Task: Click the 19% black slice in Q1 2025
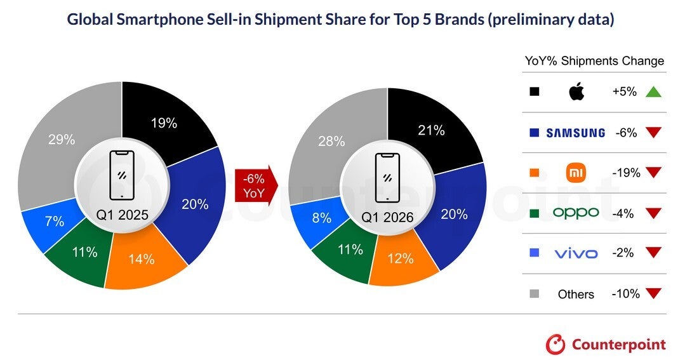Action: (164, 123)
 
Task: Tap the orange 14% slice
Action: (141, 258)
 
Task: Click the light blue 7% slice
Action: (55, 222)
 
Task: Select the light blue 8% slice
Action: (321, 218)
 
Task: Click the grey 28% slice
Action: (330, 141)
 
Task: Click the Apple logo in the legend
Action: (575, 92)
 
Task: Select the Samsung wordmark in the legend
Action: (575, 133)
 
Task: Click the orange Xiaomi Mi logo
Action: (575, 173)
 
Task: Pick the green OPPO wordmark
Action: (575, 213)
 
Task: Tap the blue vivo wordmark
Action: (575, 253)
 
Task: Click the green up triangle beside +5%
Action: (653, 92)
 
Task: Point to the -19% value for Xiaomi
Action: (625, 173)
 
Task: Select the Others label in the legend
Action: (575, 294)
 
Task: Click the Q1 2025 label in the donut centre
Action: (122, 215)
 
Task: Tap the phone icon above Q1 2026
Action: (387, 176)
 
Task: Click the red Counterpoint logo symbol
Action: (556, 344)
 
